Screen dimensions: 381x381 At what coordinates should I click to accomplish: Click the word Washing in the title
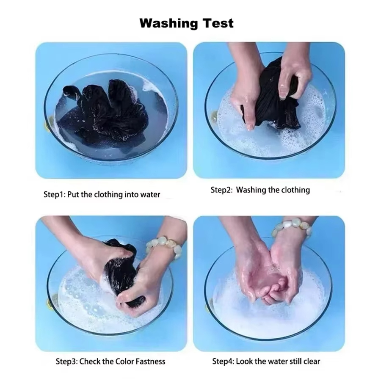click(169, 24)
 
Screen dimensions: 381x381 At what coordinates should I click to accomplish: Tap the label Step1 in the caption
click(54, 195)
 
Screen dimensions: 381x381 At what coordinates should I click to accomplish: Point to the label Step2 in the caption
click(221, 190)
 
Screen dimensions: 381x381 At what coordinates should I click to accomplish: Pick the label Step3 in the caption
click(66, 362)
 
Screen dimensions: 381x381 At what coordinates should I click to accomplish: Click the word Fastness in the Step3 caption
click(150, 362)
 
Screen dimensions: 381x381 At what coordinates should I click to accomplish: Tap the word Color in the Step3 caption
click(124, 362)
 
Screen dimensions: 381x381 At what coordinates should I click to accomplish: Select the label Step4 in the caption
click(222, 362)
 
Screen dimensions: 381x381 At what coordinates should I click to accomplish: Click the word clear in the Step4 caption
click(312, 362)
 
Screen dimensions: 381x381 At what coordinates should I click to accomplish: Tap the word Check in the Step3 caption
click(89, 362)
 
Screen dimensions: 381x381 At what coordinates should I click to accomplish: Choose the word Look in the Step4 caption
click(244, 362)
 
